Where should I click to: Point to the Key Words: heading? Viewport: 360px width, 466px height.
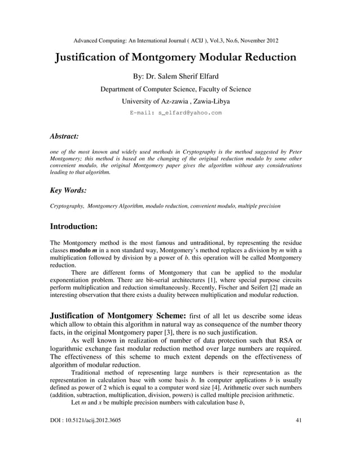point(68,191)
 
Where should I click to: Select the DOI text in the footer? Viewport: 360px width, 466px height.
point(85,421)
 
